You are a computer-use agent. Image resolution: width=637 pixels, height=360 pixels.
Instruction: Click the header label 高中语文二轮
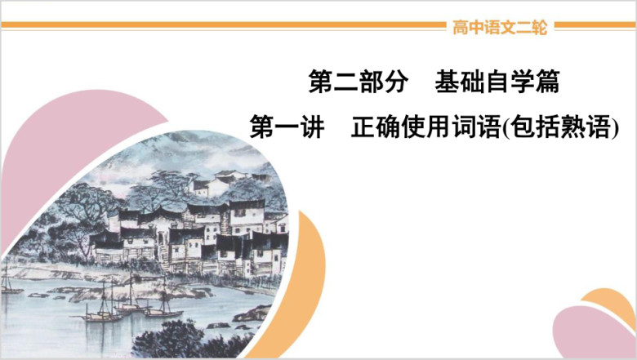[x=500, y=28]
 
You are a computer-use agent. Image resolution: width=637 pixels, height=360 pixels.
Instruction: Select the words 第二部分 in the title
[x=359, y=81]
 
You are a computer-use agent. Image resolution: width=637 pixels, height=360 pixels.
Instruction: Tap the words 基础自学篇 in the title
[x=497, y=81]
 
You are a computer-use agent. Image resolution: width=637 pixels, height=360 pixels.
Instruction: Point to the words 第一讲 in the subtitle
[x=287, y=127]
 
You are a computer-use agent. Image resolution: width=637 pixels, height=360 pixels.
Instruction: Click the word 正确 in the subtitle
[x=376, y=127]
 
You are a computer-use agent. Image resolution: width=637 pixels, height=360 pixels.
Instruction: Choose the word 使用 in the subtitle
[x=425, y=127]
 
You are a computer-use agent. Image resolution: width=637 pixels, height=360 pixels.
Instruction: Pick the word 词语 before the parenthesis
[x=476, y=127]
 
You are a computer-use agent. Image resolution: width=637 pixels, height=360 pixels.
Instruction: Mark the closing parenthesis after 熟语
[x=615, y=127]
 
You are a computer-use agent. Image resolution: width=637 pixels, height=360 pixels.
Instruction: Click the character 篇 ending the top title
[x=548, y=81]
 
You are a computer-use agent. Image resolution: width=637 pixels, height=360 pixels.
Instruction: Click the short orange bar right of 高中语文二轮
[x=595, y=25]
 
